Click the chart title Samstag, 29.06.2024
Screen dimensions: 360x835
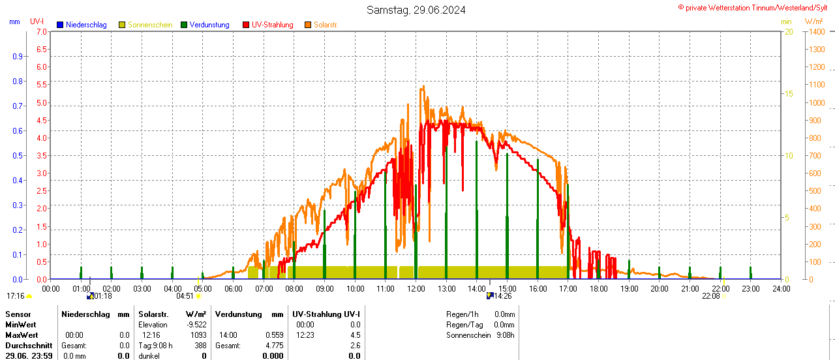tap(416, 10)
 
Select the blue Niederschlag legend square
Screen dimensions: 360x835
tap(61, 25)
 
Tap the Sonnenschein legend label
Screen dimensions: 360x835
tap(150, 25)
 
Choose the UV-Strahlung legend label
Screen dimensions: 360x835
tap(272, 25)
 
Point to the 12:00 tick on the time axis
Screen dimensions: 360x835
tap(416, 288)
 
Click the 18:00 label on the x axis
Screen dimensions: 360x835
tap(599, 288)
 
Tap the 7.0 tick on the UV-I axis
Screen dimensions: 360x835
tap(42, 31)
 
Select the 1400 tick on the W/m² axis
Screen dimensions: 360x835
tap(816, 31)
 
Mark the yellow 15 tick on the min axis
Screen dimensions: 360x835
tap(789, 94)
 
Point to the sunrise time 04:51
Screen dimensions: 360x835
tap(185, 296)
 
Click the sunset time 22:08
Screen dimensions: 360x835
tap(710, 296)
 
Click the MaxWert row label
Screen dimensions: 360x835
tap(21, 335)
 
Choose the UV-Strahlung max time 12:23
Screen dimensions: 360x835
tap(305, 335)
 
